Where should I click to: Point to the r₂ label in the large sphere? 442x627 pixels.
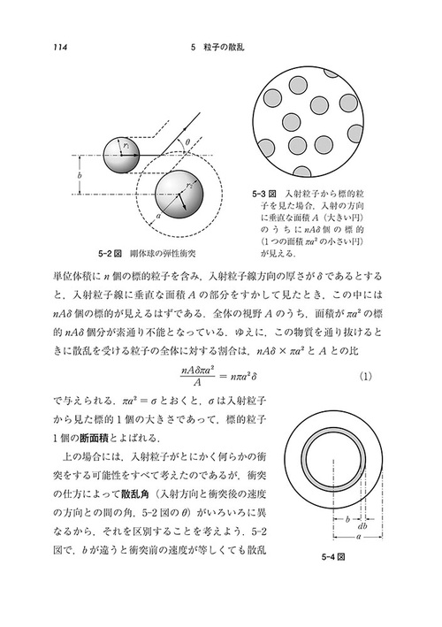[x=187, y=187]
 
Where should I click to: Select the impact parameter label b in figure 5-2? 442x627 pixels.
[x=81, y=177]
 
